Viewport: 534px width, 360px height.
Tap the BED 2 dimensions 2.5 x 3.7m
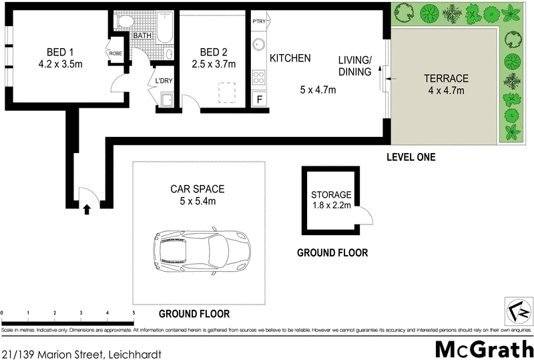click(x=210, y=65)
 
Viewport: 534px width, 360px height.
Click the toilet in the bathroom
click(x=123, y=21)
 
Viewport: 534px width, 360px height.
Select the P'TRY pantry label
click(x=258, y=21)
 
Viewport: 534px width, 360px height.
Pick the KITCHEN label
click(x=290, y=59)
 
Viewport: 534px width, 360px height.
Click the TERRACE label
click(x=446, y=78)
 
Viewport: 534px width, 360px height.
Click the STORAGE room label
click(x=330, y=195)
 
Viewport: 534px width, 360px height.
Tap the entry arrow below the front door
click(x=86, y=209)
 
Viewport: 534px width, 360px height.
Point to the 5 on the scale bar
click(x=133, y=313)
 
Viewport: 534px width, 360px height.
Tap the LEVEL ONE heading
click(x=411, y=158)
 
